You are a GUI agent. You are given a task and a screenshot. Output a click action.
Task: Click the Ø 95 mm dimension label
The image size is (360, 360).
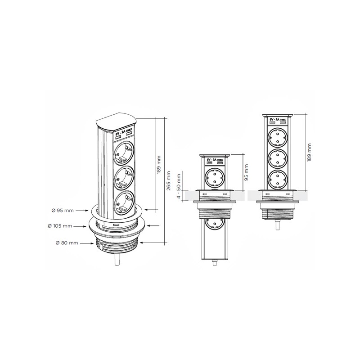(x=63, y=210)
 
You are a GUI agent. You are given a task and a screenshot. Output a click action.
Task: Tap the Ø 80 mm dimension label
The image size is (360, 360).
(x=67, y=243)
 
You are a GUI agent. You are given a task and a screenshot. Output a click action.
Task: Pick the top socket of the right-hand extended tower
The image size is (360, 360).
(x=278, y=137)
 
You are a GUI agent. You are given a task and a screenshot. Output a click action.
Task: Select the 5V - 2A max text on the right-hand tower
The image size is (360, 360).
(x=277, y=121)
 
